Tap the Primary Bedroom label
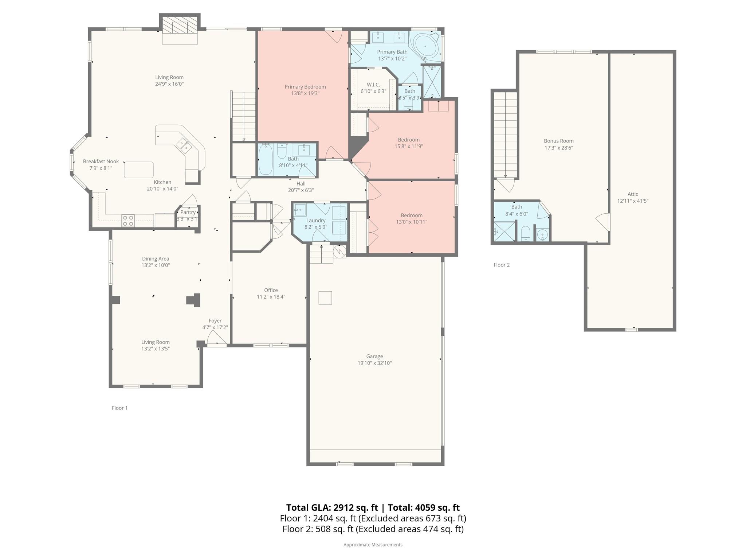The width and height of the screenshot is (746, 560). pyautogui.click(x=305, y=87)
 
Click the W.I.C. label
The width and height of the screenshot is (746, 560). pyautogui.click(x=373, y=85)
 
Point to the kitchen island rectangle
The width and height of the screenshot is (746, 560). pyautogui.click(x=138, y=170)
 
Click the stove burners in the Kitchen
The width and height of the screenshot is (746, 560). pyautogui.click(x=128, y=221)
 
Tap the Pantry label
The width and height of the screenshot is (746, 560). pyautogui.click(x=188, y=212)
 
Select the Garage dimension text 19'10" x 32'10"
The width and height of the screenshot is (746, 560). pyautogui.click(x=374, y=363)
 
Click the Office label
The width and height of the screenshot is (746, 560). pyautogui.click(x=271, y=290)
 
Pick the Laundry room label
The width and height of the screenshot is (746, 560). pyautogui.click(x=315, y=220)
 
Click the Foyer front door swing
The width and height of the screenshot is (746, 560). pyautogui.click(x=216, y=338)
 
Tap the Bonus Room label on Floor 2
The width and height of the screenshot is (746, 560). pyautogui.click(x=558, y=141)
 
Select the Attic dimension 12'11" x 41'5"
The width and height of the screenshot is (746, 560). pyautogui.click(x=633, y=201)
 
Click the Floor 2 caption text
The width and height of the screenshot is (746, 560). pyautogui.click(x=501, y=265)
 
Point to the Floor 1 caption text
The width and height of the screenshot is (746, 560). pyautogui.click(x=119, y=408)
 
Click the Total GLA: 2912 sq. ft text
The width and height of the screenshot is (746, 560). pyautogui.click(x=331, y=507)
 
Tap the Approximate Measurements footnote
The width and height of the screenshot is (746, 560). pyautogui.click(x=373, y=545)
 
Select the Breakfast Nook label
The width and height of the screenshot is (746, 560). pyautogui.click(x=101, y=162)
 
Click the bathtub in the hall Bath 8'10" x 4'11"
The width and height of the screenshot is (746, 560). pyautogui.click(x=266, y=159)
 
